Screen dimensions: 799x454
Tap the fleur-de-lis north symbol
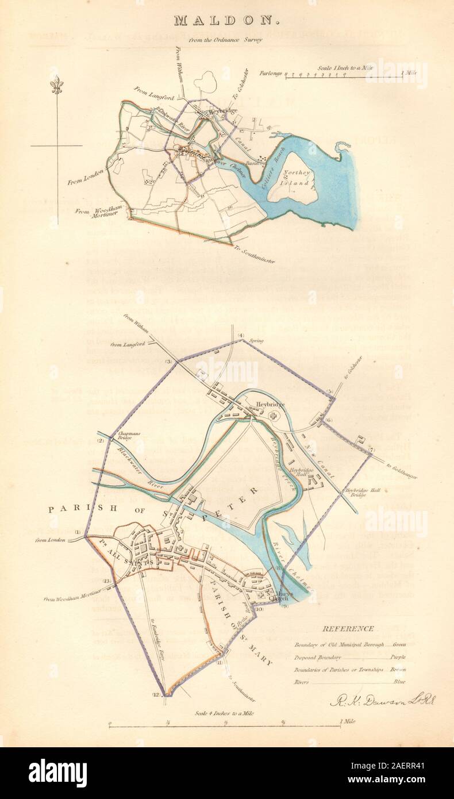56,86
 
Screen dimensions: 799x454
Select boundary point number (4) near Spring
241,336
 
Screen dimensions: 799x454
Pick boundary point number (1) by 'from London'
78,532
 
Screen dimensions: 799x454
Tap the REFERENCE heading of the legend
348,629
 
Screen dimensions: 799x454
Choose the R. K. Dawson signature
383,700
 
